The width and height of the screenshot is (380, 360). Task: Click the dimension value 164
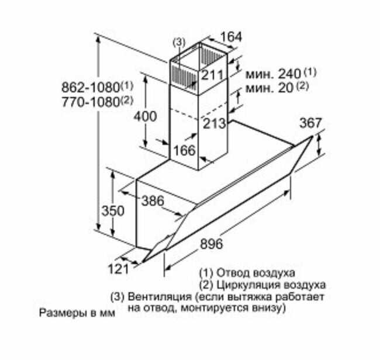click(x=231, y=37)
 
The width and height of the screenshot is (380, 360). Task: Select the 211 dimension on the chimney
click(x=212, y=75)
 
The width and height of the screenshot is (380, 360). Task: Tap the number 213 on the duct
click(x=214, y=124)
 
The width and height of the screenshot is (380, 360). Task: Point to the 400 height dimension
click(x=146, y=116)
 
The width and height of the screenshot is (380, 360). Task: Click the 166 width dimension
click(x=184, y=150)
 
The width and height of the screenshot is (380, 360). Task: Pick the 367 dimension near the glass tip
click(x=310, y=123)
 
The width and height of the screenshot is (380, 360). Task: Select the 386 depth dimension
click(x=153, y=201)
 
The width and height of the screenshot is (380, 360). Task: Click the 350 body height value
click(x=113, y=211)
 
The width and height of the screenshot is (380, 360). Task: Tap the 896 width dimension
click(x=211, y=244)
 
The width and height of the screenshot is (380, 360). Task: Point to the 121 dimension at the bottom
click(x=118, y=269)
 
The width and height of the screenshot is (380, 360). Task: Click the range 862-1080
click(x=91, y=87)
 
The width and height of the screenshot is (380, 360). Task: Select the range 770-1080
click(x=91, y=102)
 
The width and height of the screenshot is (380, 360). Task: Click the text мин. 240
click(x=274, y=74)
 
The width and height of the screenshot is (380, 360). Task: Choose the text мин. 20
click(x=270, y=88)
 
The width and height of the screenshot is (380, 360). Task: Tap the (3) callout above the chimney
click(x=179, y=43)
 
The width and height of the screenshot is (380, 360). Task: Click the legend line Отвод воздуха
click(x=255, y=273)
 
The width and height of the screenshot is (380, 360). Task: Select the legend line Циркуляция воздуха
click(x=271, y=285)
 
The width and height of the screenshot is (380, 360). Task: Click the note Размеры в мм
click(x=77, y=313)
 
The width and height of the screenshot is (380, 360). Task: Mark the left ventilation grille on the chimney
click(x=184, y=75)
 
